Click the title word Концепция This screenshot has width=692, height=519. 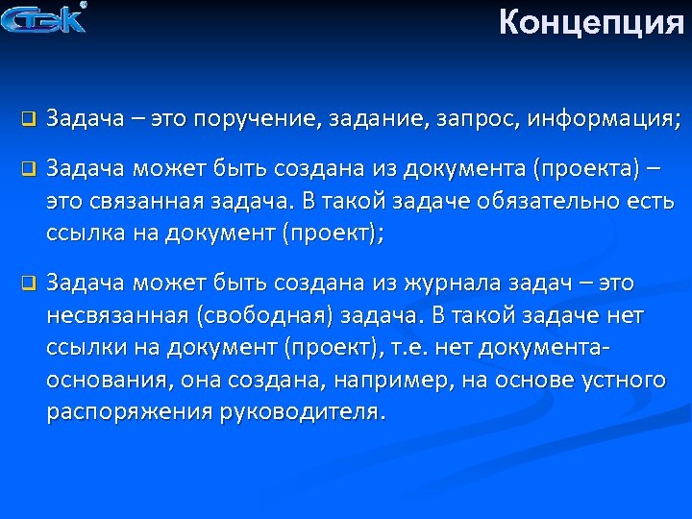click(x=591, y=22)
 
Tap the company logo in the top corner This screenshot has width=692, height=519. click(x=45, y=18)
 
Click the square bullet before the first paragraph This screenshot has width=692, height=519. click(x=28, y=120)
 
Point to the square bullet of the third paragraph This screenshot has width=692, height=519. click(x=28, y=284)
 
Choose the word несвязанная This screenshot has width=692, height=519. click(x=121, y=316)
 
